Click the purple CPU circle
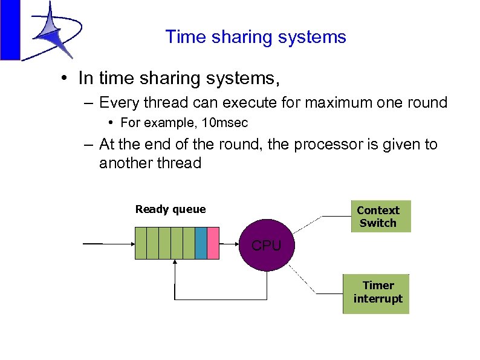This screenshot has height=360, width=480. point(267,246)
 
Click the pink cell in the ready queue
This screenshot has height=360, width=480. point(212,243)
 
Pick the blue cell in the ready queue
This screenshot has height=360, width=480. point(201,243)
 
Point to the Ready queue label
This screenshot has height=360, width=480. point(170,209)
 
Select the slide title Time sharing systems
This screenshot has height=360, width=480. point(256,37)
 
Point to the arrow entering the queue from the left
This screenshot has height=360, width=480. point(109,243)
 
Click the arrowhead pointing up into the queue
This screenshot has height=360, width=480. point(174,263)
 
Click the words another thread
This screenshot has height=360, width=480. point(150,163)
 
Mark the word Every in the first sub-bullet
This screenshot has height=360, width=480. point(117,102)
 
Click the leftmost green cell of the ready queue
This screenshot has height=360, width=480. point(141,243)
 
